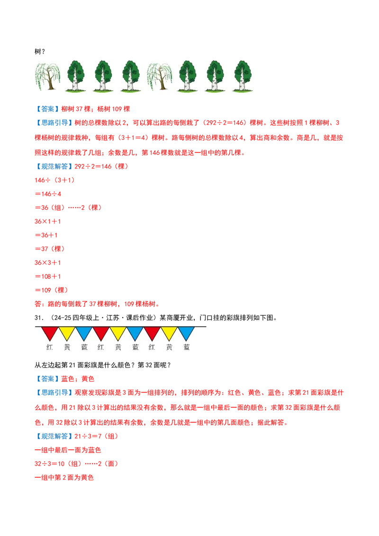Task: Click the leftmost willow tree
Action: (47, 76)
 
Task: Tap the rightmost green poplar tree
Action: (243, 76)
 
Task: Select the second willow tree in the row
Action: (159, 76)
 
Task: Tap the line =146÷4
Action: (48, 194)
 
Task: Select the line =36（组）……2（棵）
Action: (68, 208)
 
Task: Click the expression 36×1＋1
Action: (47, 222)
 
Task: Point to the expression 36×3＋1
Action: (47, 263)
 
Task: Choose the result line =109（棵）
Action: (52, 290)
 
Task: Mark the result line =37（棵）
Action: (50, 249)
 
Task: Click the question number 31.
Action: (39, 318)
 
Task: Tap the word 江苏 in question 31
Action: (113, 318)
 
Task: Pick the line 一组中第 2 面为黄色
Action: (64, 478)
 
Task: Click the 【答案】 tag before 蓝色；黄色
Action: (47, 379)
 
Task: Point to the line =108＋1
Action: (48, 277)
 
